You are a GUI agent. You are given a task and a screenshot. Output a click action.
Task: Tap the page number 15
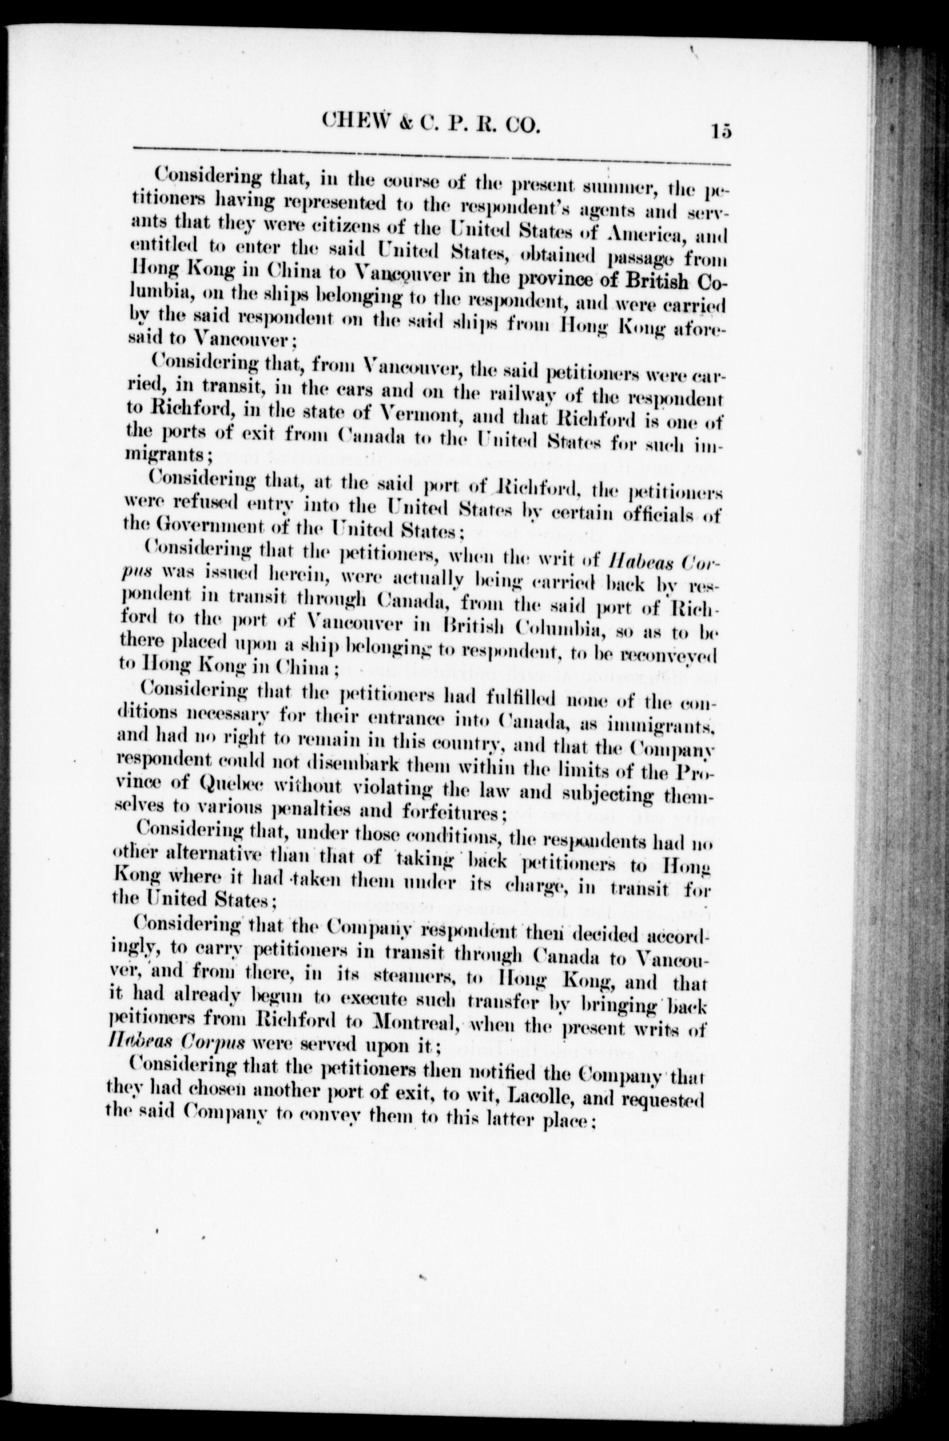(x=722, y=131)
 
